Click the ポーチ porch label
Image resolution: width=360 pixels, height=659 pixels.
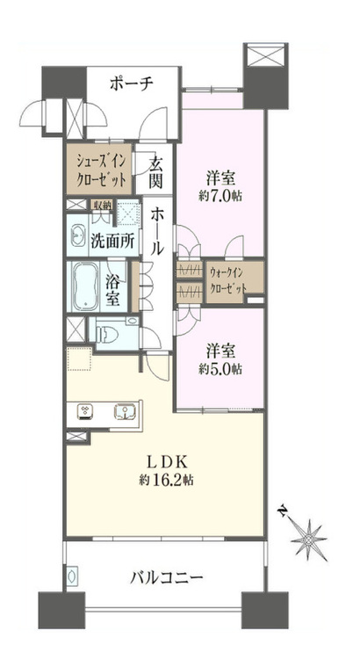[131, 83]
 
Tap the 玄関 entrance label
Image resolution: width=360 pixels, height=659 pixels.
[155, 173]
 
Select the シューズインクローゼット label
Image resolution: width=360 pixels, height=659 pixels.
[99, 170]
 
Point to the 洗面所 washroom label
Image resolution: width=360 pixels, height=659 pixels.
[112, 241]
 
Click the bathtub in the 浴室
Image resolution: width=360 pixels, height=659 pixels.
[86, 286]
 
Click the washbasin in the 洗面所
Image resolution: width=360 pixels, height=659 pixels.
[78, 235]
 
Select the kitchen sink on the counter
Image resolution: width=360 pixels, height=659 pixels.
[124, 411]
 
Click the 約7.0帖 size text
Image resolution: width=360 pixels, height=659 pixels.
[220, 196]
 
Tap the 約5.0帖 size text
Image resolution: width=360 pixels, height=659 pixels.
[220, 369]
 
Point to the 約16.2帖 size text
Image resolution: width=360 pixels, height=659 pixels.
[166, 481]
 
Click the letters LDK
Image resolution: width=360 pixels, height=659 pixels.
[166, 463]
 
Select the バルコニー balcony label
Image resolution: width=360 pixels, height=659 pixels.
[166, 578]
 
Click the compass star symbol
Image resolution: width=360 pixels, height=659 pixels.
[309, 540]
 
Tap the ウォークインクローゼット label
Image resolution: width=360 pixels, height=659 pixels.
[227, 280]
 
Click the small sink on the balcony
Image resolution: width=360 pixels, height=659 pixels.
[71, 575]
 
